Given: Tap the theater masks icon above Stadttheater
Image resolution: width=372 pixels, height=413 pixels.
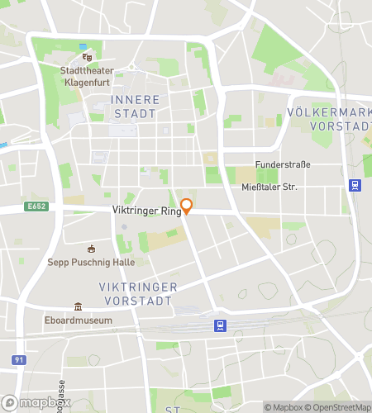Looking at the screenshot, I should click(87, 58).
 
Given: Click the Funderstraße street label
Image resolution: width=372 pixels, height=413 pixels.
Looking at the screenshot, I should click(283, 164).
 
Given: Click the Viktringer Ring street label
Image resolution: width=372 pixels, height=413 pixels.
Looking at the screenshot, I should click(146, 211).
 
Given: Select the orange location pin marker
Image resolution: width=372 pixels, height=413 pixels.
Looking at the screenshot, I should click(187, 206).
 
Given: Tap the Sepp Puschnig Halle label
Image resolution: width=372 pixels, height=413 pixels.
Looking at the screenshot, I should click(92, 263).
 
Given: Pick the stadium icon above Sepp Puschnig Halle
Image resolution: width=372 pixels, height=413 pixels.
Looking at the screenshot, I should click(92, 249).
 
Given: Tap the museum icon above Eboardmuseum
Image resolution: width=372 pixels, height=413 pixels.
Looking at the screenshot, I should click(79, 306).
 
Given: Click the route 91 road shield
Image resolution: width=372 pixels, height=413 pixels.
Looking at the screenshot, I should click(18, 360).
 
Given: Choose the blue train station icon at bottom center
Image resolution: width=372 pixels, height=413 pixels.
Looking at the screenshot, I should click(220, 325).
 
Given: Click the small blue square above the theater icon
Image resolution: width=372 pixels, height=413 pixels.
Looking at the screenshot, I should click(82, 47).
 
